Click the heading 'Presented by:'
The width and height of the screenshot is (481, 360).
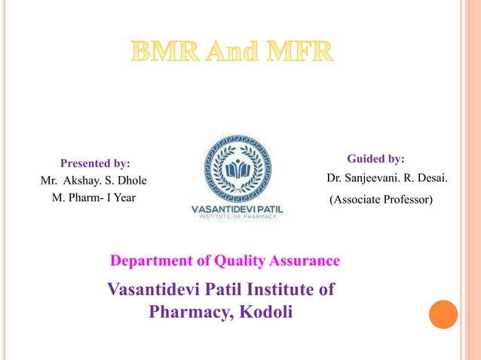coord(95,163)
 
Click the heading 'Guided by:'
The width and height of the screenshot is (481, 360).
coord(375,159)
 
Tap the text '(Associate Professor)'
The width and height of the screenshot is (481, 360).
coord(382,200)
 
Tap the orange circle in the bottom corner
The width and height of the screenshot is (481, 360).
coord(443,314)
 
